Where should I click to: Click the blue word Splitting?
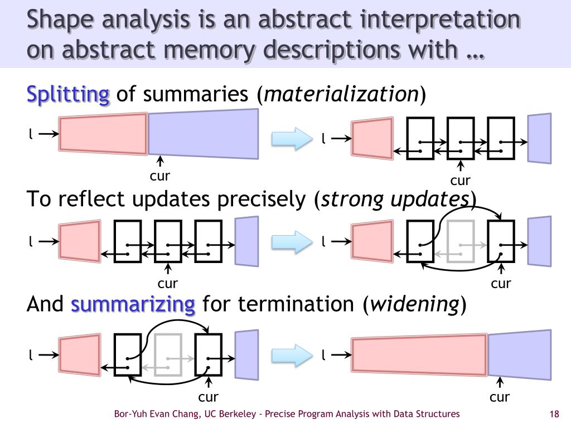[x=68, y=94]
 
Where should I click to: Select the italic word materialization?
[x=341, y=94]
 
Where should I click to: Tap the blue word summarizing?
[x=133, y=304]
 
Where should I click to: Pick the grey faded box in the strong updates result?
[x=460, y=241]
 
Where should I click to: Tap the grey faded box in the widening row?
[x=168, y=354]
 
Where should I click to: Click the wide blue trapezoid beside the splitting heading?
[x=204, y=134]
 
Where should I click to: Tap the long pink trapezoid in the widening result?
[x=419, y=355]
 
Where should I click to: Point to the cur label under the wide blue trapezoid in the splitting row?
[x=159, y=176]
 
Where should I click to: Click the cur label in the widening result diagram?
[x=500, y=397]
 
